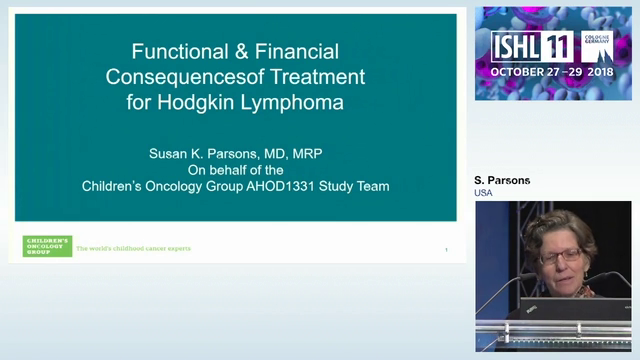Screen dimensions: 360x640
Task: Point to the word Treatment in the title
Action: click(319, 76)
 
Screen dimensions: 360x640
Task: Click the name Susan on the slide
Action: click(169, 155)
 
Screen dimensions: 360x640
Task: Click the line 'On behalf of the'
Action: click(236, 170)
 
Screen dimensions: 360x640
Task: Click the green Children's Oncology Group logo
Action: click(47, 246)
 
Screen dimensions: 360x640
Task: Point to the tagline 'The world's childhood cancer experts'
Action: click(133, 248)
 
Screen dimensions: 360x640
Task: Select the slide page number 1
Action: click(446, 249)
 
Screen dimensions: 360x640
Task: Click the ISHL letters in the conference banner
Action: click(519, 47)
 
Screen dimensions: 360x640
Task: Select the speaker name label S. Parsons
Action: click(502, 180)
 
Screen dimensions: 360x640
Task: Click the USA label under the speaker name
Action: click(484, 192)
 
